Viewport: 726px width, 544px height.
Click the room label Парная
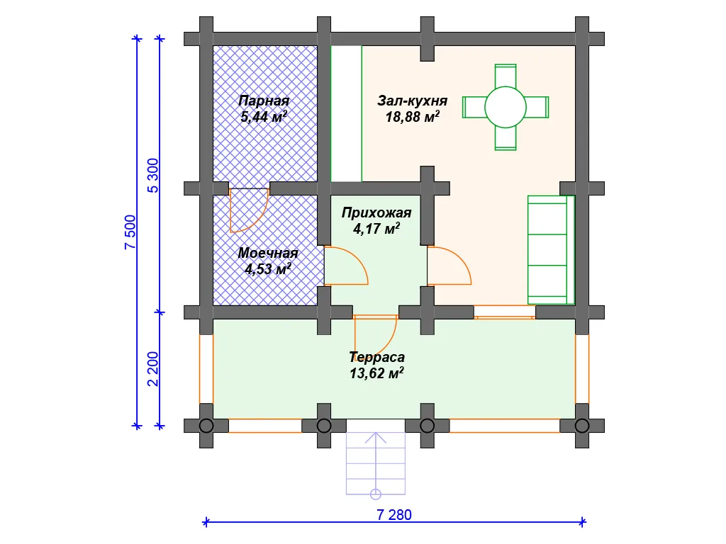(x=264, y=101)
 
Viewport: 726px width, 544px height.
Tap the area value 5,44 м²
(x=264, y=116)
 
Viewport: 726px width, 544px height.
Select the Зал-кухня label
(x=413, y=101)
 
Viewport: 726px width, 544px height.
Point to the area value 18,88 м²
(x=413, y=116)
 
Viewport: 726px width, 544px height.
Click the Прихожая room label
(x=376, y=212)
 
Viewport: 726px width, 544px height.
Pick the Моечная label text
(x=268, y=253)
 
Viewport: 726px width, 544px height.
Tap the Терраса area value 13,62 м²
(x=376, y=373)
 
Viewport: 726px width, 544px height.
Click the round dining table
(x=506, y=107)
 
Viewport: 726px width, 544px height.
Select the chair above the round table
(x=506, y=76)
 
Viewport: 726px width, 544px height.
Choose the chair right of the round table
(x=537, y=108)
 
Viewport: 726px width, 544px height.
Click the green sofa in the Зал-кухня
(x=551, y=250)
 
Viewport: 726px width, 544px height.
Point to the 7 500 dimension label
(x=130, y=232)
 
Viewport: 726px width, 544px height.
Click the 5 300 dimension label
(x=153, y=176)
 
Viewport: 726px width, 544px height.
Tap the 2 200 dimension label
(x=153, y=369)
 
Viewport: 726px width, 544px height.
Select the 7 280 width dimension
(x=394, y=514)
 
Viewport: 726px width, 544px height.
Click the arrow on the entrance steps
(x=376, y=460)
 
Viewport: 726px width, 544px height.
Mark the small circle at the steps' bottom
(x=376, y=494)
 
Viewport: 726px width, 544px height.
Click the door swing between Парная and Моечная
(x=250, y=210)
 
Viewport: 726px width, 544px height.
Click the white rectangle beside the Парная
(x=346, y=113)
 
